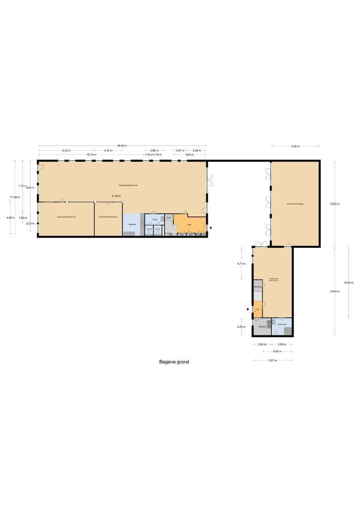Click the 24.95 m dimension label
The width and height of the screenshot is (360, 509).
tap(123, 146)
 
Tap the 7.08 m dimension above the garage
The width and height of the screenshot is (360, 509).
tap(295, 146)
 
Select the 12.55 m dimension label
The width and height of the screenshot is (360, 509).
tap(335, 204)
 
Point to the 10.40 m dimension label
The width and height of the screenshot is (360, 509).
tap(348, 282)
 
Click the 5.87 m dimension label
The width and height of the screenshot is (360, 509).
tap(273, 360)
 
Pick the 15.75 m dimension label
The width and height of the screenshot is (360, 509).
tap(91, 155)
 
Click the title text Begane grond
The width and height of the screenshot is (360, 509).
tap(174, 362)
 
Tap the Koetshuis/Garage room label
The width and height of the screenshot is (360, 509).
tap(295, 204)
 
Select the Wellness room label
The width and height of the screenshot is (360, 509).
tap(273, 279)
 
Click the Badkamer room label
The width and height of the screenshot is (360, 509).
tap(282, 324)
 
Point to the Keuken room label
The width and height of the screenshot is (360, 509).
tap(132, 224)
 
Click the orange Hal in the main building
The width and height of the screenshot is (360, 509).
tap(189, 224)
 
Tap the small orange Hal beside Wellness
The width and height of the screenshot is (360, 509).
tap(258, 310)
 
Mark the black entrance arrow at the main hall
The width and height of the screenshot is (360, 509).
tap(211, 228)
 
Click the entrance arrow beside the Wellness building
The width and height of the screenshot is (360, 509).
tap(248, 309)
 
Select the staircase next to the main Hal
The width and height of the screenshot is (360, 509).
tap(169, 227)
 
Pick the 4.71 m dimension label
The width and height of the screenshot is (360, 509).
tap(241, 264)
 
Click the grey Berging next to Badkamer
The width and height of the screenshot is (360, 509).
tap(262, 326)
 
